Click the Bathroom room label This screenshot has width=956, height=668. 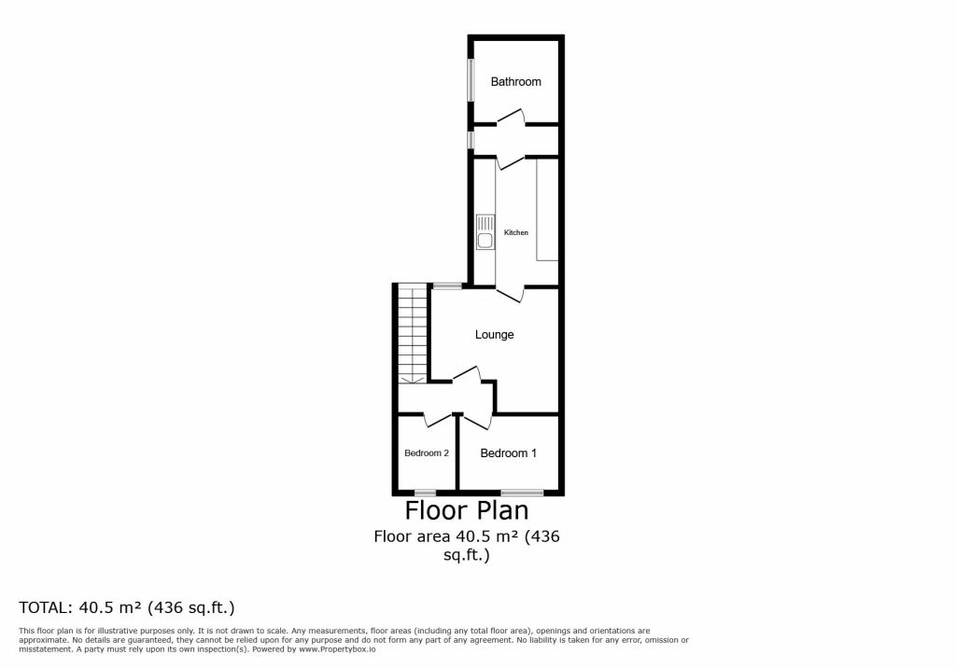click(x=515, y=82)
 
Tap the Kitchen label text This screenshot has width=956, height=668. click(x=515, y=233)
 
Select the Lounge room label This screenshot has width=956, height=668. click(x=495, y=335)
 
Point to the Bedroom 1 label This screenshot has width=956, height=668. click(x=509, y=452)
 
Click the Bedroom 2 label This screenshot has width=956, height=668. click(x=427, y=452)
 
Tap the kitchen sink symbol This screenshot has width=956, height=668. click(x=485, y=231)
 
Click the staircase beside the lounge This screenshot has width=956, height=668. click(x=413, y=335)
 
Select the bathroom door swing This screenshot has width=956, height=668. click(x=511, y=118)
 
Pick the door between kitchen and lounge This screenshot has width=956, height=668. click(x=511, y=294)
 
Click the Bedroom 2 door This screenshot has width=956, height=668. click(x=439, y=419)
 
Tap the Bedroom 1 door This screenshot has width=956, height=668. click(x=477, y=421)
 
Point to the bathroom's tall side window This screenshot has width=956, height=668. click(x=471, y=80)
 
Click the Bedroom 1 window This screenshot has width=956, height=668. click(x=522, y=493)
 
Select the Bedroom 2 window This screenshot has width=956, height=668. click(x=425, y=493)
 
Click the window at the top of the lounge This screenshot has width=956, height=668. click(x=447, y=285)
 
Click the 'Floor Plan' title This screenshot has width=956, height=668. click(x=467, y=510)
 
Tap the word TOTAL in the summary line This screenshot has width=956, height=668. click(x=44, y=607)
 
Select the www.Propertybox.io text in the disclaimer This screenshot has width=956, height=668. click(x=337, y=649)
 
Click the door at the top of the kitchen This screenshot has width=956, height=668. click(x=511, y=161)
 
